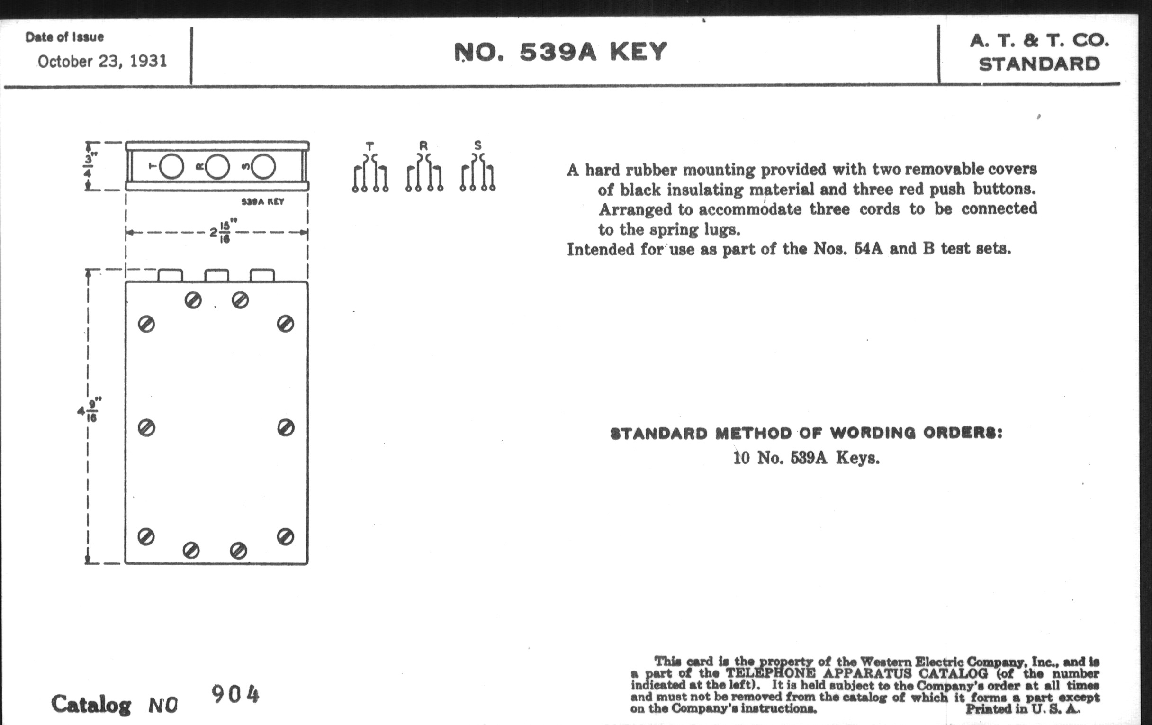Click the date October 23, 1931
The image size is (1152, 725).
[x=102, y=61]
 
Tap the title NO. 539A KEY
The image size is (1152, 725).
[x=560, y=52]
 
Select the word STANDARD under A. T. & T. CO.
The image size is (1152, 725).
[x=1039, y=64]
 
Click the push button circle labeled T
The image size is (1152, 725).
[x=171, y=166]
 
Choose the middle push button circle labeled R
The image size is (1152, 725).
[x=217, y=166]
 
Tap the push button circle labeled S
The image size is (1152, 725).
[x=263, y=166]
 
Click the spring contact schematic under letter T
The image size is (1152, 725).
[x=370, y=173]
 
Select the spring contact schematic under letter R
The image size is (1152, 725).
[x=424, y=173]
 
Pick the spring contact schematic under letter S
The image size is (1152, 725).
[x=478, y=173]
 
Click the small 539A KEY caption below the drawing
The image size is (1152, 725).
[x=262, y=202]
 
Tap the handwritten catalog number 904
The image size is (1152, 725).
[x=235, y=694]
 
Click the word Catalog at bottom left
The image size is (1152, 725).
[x=91, y=705]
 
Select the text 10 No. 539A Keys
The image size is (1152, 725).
[x=807, y=458]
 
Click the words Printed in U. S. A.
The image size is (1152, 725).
[x=1022, y=709]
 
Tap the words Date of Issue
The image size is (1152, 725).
[x=64, y=37]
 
